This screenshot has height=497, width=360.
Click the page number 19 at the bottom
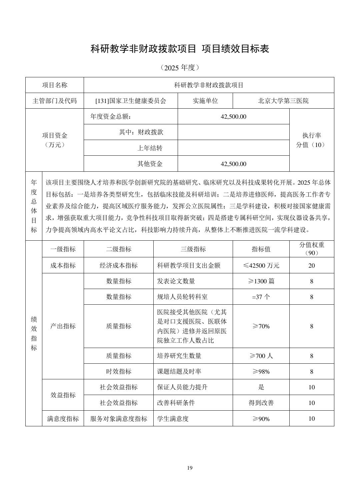point(190,468)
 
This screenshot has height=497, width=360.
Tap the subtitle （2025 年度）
point(180,68)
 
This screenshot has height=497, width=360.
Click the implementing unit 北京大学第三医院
point(283,101)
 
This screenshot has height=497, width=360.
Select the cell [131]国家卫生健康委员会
point(131,101)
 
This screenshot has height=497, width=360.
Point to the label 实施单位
point(205,101)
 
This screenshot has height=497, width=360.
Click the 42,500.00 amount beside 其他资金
point(233,164)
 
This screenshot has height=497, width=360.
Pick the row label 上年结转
point(150,148)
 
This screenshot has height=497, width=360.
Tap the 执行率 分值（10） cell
point(311,140)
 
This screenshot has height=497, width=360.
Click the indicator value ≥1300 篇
point(261,281)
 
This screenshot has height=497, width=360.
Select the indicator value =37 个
point(261,297)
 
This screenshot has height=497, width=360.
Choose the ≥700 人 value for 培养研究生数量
point(261,356)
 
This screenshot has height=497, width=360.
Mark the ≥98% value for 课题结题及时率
point(261,371)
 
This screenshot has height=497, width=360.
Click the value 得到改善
point(261,403)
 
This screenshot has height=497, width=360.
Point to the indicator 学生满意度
point(173,419)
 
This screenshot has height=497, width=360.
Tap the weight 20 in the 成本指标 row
point(311,265)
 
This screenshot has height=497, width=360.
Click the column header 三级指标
point(193,249)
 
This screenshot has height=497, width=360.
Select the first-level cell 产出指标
point(63,326)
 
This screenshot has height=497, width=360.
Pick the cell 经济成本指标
point(118,265)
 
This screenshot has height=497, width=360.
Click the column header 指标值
point(261,249)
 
